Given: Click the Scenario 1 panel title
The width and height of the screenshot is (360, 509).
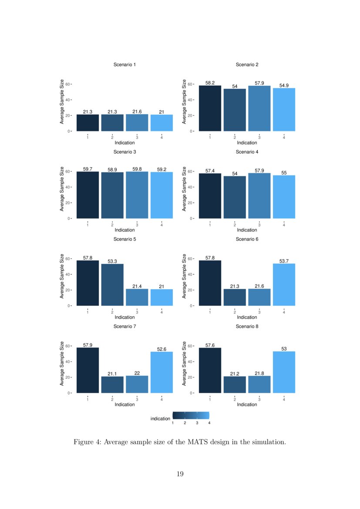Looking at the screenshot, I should (x=124, y=64).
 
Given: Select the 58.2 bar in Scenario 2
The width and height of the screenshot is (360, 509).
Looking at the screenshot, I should (x=210, y=108).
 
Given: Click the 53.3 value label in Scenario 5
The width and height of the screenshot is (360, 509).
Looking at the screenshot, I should (x=112, y=261).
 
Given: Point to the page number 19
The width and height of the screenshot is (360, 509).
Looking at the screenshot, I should (x=180, y=474).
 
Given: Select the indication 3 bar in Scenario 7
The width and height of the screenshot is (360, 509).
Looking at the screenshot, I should (x=137, y=384).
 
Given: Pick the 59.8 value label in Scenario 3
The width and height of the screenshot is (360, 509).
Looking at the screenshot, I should (x=137, y=169).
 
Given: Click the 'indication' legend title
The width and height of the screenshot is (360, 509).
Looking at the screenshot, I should (x=160, y=418).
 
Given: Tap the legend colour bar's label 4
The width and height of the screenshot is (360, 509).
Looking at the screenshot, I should (x=209, y=423).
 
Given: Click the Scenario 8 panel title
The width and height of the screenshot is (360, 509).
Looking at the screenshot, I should (x=247, y=326).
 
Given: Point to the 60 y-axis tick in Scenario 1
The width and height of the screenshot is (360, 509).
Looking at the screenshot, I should (x=67, y=84).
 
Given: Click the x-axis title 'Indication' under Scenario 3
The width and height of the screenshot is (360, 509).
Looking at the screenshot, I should (x=124, y=230).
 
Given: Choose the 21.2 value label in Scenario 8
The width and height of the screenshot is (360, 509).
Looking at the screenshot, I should (x=235, y=374).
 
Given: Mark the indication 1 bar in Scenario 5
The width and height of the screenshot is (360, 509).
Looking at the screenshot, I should (x=87, y=283).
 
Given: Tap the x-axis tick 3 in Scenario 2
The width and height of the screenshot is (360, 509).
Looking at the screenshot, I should (x=259, y=138).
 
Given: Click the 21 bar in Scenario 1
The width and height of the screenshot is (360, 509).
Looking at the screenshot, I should (x=161, y=123).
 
